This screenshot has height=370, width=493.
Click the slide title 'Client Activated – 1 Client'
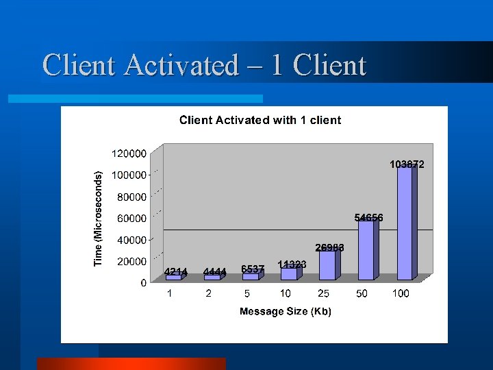(204, 66)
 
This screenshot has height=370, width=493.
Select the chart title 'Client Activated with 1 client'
(260, 120)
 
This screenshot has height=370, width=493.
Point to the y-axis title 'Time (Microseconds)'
(99, 219)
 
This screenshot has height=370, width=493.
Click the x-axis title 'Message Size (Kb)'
(285, 312)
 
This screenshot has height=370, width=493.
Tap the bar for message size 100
(405, 223)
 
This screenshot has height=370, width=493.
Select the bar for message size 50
(366, 249)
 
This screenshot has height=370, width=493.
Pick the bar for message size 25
(328, 265)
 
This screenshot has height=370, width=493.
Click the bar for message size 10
(290, 273)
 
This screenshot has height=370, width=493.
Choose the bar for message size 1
(174, 277)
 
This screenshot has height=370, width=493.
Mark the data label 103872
(407, 164)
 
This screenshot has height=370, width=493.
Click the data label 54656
(368, 217)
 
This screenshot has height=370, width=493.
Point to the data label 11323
(292, 264)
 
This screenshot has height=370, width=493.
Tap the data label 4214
(176, 271)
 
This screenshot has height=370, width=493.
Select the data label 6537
(253, 269)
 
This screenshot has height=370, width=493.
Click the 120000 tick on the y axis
(129, 153)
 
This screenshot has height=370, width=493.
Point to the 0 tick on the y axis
(143, 282)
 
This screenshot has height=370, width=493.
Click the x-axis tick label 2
(208, 293)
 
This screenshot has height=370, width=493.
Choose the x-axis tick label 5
(246, 293)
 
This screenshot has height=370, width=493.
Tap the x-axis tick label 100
(401, 293)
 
